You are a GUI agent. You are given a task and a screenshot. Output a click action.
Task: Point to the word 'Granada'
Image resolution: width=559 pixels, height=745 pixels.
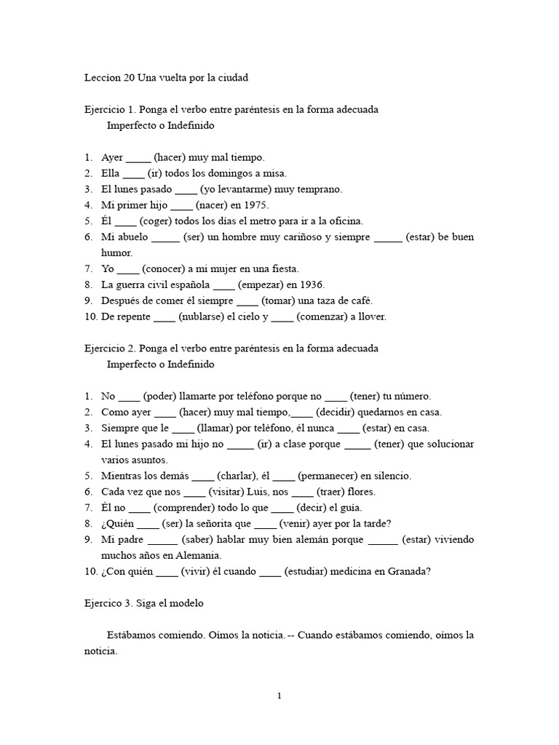pyautogui.click(x=410, y=571)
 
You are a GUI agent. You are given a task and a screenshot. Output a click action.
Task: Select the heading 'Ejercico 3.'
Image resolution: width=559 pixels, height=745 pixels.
pyautogui.click(x=112, y=602)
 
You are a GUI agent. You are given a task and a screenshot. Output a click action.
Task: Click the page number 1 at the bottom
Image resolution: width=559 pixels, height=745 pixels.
pyautogui.click(x=279, y=696)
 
